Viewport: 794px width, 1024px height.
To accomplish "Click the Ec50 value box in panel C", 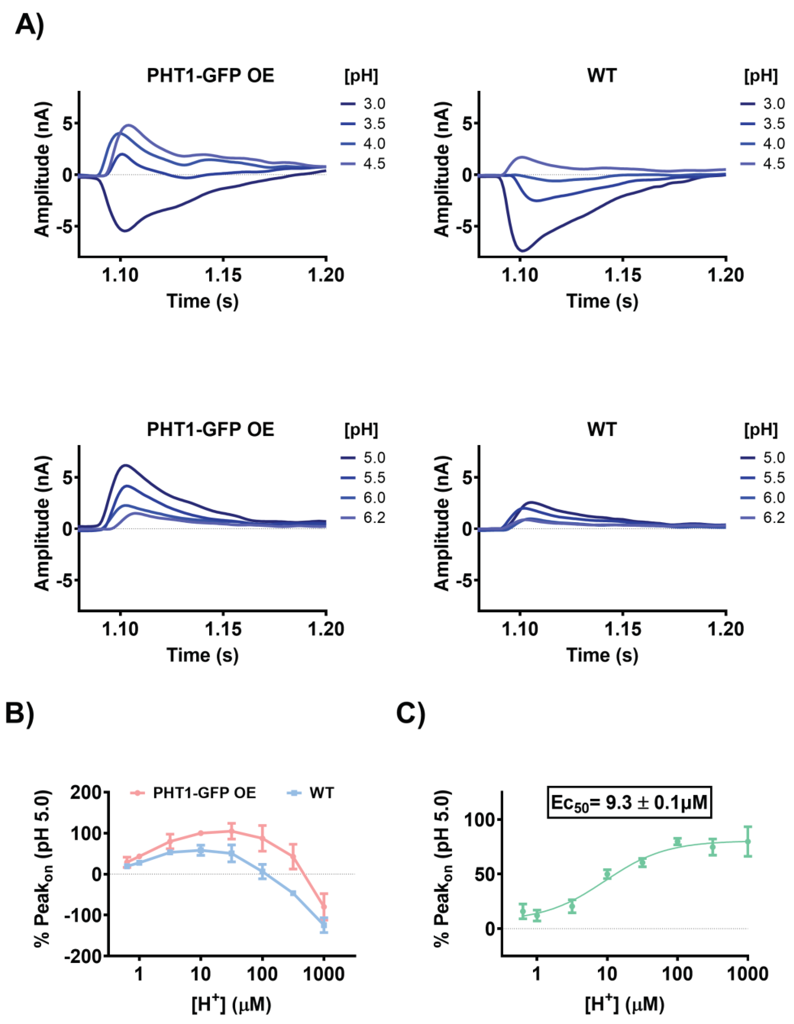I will (628, 803).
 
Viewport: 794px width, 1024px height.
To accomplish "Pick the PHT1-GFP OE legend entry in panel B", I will (193, 793).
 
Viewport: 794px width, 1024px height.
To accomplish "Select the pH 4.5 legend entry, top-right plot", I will (762, 164).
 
